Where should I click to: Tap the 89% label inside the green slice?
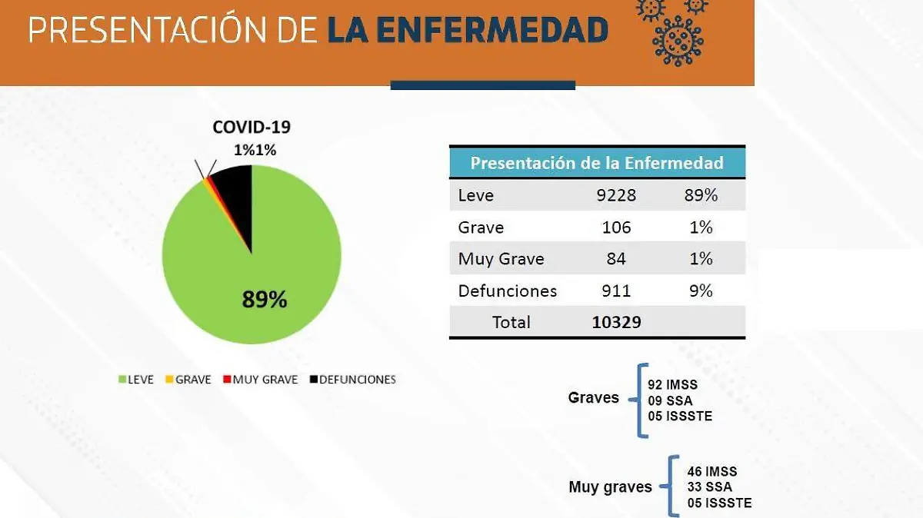tap(265, 299)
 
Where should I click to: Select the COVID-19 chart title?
tap(252, 128)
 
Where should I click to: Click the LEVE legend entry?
tap(135, 380)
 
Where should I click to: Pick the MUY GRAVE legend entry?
tap(260, 380)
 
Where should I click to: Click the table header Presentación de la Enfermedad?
tap(597, 163)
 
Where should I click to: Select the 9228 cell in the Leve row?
tap(616, 195)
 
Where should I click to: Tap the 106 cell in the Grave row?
tap(616, 227)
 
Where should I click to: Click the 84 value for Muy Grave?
tap(616, 259)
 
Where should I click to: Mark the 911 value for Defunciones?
tap(616, 291)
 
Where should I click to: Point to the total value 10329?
tap(616, 322)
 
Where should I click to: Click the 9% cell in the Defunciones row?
tap(701, 291)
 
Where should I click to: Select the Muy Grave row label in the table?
tap(501, 259)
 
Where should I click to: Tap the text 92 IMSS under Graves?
tap(675, 384)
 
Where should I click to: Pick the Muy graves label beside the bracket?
tap(610, 487)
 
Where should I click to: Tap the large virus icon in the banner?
tap(678, 38)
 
